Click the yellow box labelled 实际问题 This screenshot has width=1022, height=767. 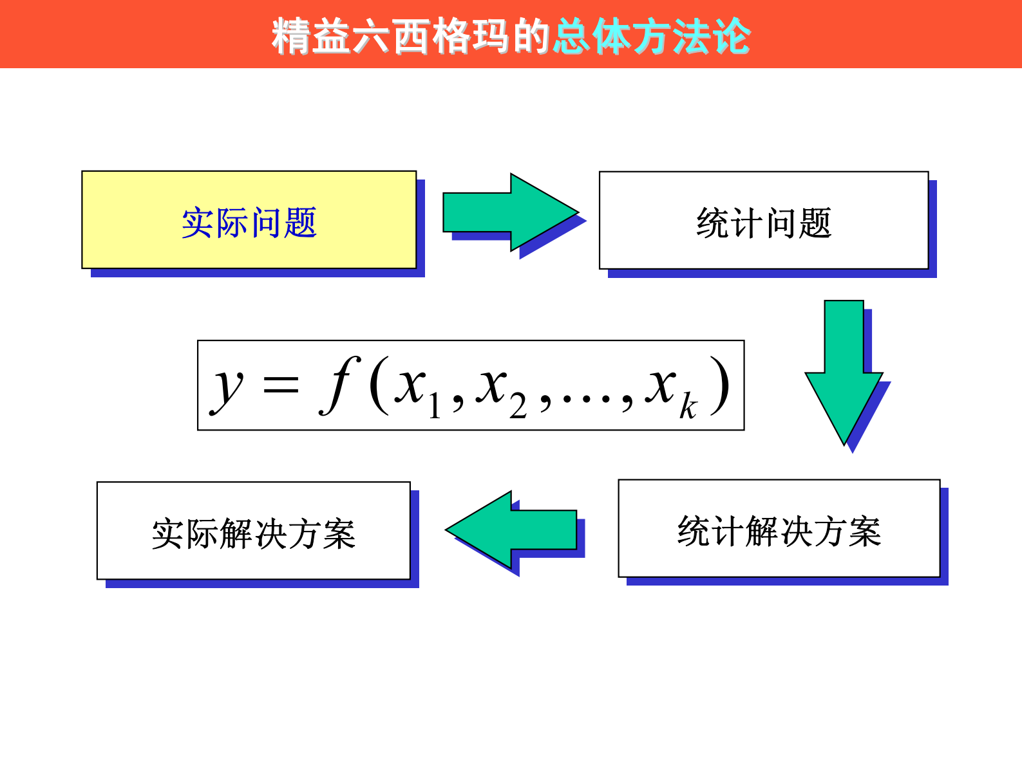tap(249, 219)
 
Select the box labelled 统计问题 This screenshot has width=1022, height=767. tap(763, 220)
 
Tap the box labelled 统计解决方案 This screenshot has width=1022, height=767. tap(779, 528)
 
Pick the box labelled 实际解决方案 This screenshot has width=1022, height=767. tap(253, 530)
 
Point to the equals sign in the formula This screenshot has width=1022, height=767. tap(281, 385)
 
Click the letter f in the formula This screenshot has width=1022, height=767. tap(339, 385)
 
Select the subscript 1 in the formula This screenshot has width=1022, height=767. tap(435, 405)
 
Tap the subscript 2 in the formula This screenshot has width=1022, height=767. tap(518, 406)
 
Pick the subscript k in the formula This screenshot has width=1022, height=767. tap(688, 406)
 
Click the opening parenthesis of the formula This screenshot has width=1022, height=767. tap(379, 385)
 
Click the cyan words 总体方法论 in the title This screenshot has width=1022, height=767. tap(652, 36)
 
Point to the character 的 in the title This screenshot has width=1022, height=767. tap(531, 36)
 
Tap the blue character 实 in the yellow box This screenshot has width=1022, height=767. tap(197, 223)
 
